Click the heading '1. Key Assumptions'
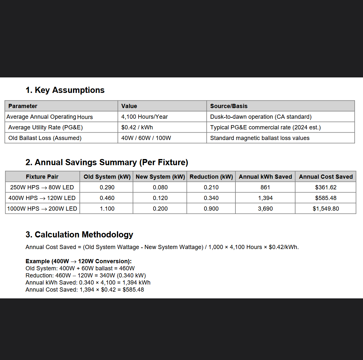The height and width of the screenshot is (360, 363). click(65, 90)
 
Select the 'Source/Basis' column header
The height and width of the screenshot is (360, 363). click(229, 106)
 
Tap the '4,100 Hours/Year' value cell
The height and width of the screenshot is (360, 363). click(144, 117)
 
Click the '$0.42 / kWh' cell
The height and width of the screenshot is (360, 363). click(137, 127)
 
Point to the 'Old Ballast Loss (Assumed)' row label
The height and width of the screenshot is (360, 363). click(45, 138)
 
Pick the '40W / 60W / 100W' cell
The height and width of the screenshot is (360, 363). click(146, 138)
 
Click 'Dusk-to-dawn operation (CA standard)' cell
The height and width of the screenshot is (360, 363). click(261, 117)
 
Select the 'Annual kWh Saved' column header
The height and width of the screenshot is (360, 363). click(265, 177)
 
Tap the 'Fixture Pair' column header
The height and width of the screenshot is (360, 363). click(42, 177)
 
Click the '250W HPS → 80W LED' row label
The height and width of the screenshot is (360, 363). click(42, 187)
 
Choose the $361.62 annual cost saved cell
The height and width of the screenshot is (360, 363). click(326, 187)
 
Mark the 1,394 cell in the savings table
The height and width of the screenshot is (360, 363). click(265, 198)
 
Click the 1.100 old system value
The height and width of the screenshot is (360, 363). click(107, 209)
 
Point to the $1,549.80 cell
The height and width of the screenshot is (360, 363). click(326, 209)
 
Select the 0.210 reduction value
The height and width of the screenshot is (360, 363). click(211, 187)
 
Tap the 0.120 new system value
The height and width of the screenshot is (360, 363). click(160, 198)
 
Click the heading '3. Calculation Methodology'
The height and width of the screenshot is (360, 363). click(79, 235)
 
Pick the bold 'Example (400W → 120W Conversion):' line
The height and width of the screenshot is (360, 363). click(78, 261)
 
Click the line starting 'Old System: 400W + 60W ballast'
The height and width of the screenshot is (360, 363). click(80, 268)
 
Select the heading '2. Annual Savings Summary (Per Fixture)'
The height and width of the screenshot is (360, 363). click(107, 162)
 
